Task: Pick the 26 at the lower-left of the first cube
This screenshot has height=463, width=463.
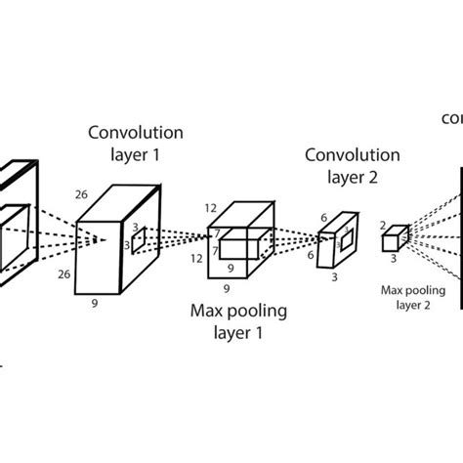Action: (63, 274)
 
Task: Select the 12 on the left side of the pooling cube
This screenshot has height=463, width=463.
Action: (196, 258)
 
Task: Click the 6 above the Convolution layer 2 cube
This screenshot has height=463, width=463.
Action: (322, 218)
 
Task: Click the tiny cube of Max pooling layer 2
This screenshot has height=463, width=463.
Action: (395, 239)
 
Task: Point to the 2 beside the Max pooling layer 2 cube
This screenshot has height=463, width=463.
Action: (383, 226)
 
